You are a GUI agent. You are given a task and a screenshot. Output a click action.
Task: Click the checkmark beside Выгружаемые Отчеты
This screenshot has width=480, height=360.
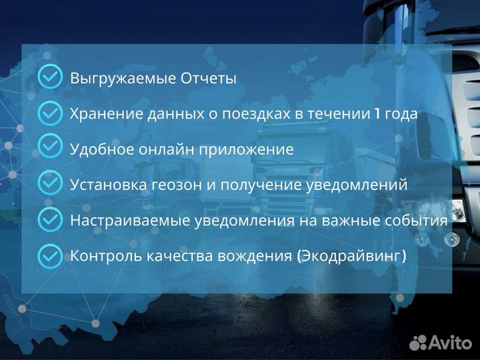50,77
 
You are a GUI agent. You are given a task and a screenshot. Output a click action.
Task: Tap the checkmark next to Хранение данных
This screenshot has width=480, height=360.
50,113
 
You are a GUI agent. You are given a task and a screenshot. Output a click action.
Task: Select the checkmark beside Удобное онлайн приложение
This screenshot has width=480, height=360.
50,148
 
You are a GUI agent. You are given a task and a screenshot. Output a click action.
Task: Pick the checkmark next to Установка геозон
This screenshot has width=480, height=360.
50,184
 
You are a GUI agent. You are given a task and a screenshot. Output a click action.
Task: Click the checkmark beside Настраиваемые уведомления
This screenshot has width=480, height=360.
50,219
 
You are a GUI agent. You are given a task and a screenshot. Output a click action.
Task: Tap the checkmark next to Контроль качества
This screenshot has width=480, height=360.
50,255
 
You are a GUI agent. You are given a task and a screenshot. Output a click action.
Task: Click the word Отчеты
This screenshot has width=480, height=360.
209,78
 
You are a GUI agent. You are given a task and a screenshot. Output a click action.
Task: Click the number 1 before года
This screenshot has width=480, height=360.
377,113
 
